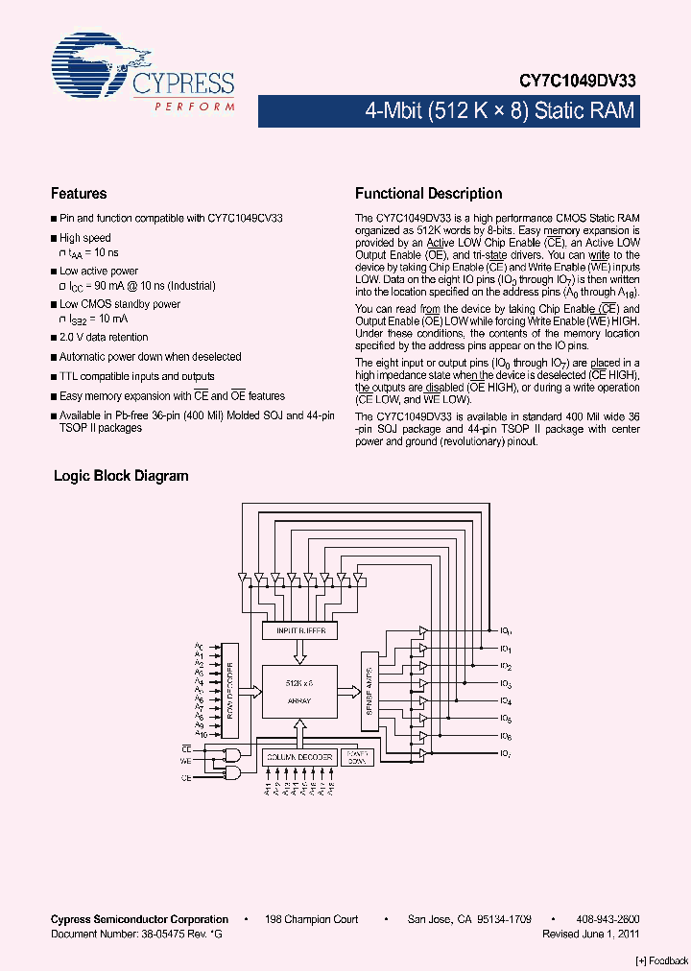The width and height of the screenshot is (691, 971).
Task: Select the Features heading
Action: pyautogui.click(x=79, y=194)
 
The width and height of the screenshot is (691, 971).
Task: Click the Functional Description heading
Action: pyautogui.click(x=428, y=194)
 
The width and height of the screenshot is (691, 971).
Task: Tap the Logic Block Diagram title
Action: pyautogui.click(x=121, y=476)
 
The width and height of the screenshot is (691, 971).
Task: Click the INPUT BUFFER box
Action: pyautogui.click(x=300, y=630)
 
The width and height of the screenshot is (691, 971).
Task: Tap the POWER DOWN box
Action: pyautogui.click(x=356, y=757)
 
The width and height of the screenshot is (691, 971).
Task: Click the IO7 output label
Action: pyautogui.click(x=505, y=754)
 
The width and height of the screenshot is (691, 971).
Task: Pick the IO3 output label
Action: pyautogui.click(x=505, y=684)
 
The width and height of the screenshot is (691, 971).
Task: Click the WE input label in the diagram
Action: pyautogui.click(x=186, y=761)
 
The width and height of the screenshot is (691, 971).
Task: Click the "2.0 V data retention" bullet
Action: pyautogui.click(x=104, y=338)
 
